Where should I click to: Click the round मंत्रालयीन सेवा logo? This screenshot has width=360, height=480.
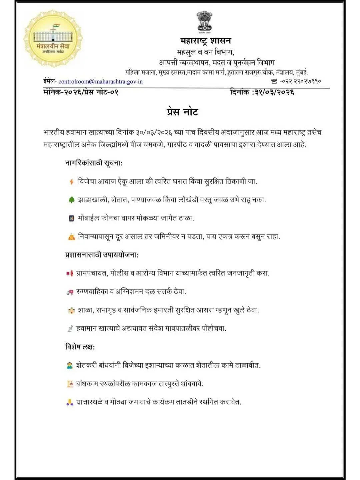coord(53,39)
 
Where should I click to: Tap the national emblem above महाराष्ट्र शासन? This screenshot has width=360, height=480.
coord(204,22)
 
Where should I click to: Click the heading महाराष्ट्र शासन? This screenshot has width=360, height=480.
coord(205,41)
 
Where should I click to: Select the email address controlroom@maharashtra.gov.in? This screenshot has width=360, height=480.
coord(100,81)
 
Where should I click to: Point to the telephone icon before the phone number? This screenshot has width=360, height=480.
coord(274,81)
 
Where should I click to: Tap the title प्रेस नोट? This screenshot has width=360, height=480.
coord(182,111)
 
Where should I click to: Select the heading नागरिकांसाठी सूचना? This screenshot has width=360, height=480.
coord(94,163)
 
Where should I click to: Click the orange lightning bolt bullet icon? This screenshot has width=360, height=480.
coord(71,182)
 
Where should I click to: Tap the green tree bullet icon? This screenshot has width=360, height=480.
coord(71,200)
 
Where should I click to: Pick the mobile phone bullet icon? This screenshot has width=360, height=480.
coord(71,218)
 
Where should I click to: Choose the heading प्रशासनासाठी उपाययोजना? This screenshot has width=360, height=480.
coord(102,255)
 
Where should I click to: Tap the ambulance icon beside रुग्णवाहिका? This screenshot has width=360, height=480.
coord(70,292)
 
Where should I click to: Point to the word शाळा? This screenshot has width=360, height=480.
coord(85,310)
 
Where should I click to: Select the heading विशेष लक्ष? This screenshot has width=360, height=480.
coord(80,347)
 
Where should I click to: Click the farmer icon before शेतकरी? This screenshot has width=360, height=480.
coord(70,365)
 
